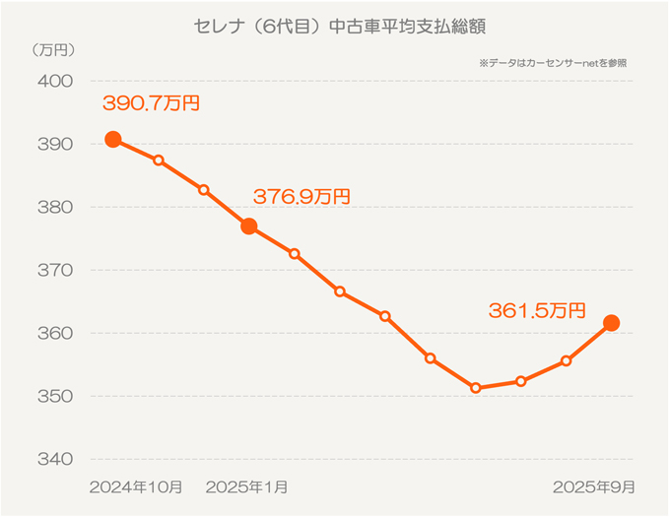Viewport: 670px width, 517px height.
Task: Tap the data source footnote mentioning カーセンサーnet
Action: point(553,62)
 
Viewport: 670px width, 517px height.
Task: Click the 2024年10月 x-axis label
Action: point(135,487)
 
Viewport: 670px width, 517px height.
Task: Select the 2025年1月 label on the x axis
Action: point(248,487)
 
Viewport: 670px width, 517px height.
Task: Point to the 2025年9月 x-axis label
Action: point(593,487)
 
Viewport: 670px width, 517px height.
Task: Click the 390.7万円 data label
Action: point(151,102)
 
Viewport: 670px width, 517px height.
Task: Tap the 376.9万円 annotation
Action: point(301,196)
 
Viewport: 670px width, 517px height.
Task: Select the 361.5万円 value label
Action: point(537,310)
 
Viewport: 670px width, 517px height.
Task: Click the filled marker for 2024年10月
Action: point(113,139)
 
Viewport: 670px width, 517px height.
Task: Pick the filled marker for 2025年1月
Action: point(249,226)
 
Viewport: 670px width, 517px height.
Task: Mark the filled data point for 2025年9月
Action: point(611,322)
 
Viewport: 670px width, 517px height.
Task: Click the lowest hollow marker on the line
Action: point(475,388)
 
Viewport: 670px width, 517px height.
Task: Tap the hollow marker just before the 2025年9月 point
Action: point(566,360)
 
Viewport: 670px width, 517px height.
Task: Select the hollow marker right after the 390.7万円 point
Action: point(159,161)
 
